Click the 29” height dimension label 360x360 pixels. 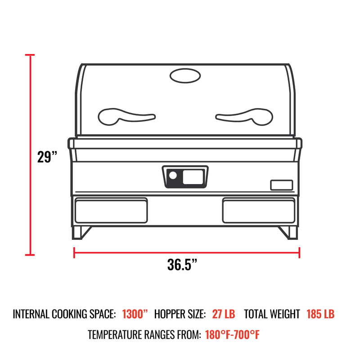[47, 157]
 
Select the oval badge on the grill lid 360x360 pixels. [185, 76]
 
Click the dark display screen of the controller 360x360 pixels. [193, 175]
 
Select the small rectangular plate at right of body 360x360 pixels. [281, 185]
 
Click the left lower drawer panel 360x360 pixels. [111, 210]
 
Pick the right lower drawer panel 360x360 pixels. [259, 210]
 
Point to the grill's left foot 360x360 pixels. [81, 232]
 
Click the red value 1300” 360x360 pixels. [135, 314]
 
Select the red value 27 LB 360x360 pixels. [223, 314]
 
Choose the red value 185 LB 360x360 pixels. [320, 314]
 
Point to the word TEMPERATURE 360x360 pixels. [117, 335]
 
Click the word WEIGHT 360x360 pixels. [285, 314]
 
